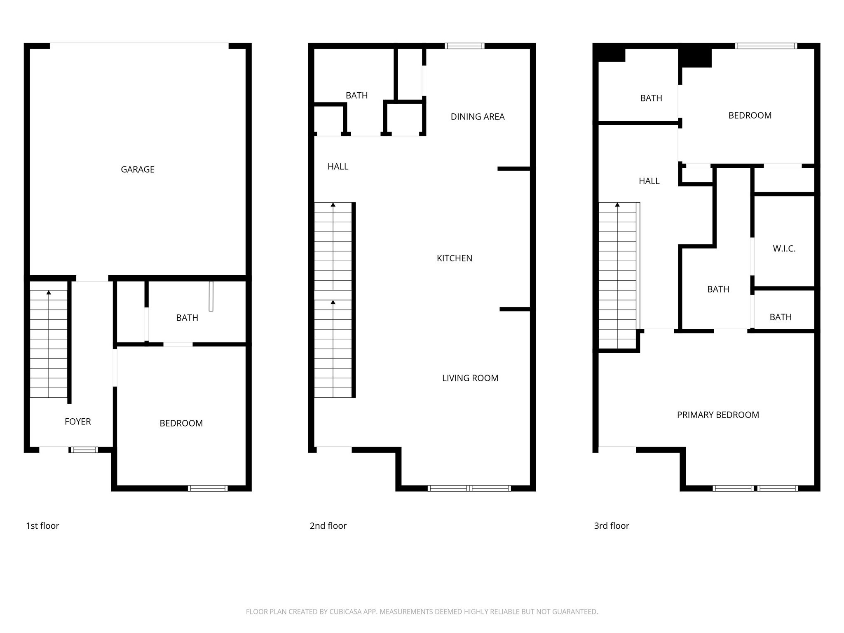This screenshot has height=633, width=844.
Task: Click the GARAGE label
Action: [x=138, y=169]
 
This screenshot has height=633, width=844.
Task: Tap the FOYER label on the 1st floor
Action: [x=78, y=422]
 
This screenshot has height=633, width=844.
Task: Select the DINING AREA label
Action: [x=478, y=117]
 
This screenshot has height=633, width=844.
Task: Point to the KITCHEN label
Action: [x=455, y=258]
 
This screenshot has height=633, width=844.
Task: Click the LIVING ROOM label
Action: [x=470, y=378]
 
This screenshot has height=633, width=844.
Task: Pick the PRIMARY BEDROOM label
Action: [x=718, y=415]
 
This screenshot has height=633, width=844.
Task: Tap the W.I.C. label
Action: [x=784, y=249]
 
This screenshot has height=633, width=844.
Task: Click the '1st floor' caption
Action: [x=42, y=526]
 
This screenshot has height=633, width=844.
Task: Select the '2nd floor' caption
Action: [x=328, y=526]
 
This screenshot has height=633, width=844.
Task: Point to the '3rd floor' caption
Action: [x=612, y=526]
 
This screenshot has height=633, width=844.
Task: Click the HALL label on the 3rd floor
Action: [x=649, y=181]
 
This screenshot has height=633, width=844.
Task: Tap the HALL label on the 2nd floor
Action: [x=338, y=166]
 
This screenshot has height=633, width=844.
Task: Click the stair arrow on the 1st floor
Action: [x=49, y=293]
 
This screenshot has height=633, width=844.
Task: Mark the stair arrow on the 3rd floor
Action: [x=617, y=205]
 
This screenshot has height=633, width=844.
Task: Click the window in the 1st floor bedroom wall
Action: [x=208, y=488]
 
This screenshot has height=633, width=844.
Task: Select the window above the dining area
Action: [x=464, y=46]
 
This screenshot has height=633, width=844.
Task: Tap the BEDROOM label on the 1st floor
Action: [x=181, y=423]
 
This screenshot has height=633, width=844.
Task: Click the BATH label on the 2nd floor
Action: [x=356, y=96]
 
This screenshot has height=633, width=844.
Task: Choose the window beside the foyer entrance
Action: [x=84, y=450]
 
